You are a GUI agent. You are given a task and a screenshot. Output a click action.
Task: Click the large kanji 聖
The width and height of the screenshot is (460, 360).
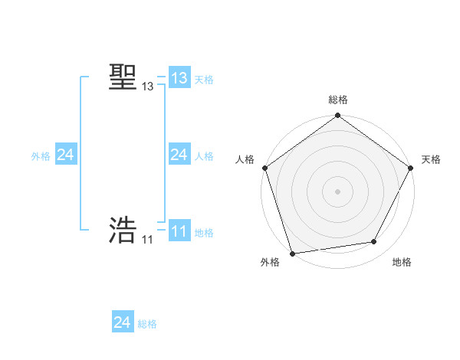123,77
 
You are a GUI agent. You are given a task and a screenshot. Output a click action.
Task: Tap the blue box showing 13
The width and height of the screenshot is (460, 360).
179,78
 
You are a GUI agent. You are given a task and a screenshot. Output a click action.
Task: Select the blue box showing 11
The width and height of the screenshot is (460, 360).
179,231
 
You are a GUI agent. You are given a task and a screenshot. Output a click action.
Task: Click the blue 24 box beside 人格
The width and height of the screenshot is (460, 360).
179,155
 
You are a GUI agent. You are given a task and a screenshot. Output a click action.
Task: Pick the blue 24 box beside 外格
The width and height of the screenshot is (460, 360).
66,155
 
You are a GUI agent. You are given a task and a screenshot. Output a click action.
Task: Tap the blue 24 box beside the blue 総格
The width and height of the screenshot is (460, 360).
123,322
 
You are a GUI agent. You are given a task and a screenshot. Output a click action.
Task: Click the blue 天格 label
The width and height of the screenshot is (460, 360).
204,80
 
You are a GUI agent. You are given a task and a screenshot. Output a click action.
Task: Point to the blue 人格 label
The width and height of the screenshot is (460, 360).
204,156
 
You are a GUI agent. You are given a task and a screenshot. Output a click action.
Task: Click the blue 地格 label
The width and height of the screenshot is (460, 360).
204,233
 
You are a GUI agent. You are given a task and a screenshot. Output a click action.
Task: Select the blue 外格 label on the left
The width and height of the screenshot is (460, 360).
41,156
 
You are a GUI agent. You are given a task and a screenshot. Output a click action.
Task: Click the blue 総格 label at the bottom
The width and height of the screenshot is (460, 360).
147,324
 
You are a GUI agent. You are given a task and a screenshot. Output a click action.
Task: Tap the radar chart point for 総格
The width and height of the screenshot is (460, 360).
337,116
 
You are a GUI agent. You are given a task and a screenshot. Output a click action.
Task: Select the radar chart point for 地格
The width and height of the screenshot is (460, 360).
374,242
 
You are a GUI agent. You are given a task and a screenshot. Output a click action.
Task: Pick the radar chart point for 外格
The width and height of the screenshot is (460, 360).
293,253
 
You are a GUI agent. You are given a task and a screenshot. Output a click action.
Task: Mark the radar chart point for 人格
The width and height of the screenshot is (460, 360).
265,168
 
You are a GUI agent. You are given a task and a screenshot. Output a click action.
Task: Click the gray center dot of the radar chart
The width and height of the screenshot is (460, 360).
337,191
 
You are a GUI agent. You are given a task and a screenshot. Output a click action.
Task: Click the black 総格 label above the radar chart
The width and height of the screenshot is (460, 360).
337,100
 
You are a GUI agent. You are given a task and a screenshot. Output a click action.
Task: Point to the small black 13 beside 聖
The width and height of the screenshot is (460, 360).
147,87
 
